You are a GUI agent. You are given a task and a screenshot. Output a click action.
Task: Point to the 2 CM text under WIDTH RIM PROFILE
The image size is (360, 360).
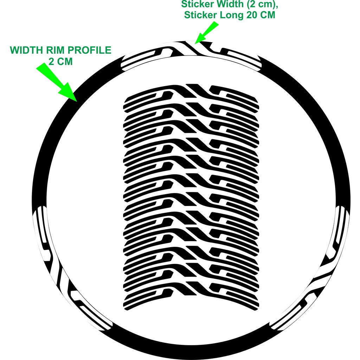coord(60,62)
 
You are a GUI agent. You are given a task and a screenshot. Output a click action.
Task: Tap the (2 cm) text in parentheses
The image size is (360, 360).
coord(260,5)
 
